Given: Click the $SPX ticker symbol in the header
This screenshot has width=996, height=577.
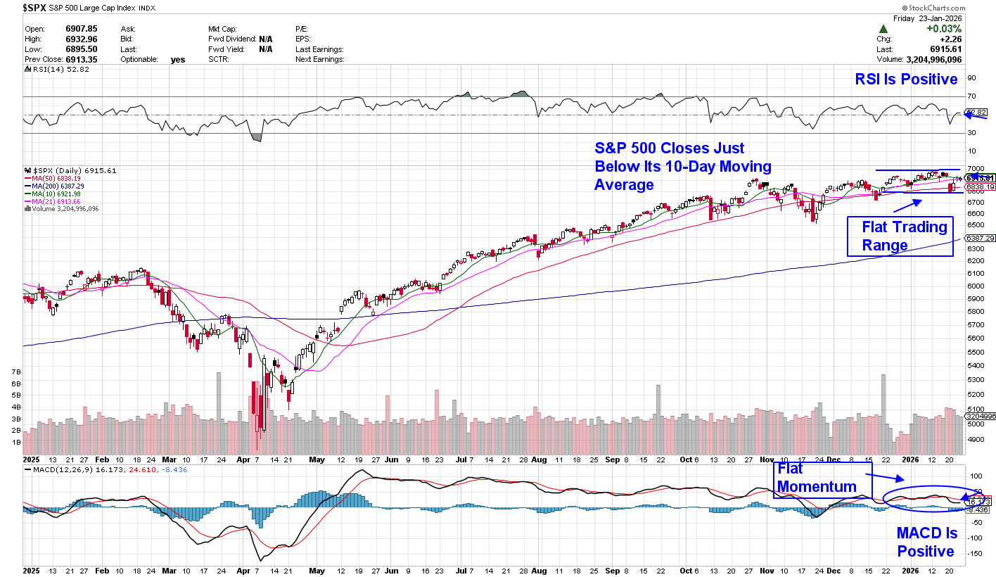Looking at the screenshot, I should (x=36, y=8).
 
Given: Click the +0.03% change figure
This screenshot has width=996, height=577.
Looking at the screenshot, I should (x=943, y=29).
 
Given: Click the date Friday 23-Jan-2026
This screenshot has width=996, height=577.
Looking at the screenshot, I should (x=926, y=18).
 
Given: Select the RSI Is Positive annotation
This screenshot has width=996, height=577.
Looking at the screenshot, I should (x=906, y=80).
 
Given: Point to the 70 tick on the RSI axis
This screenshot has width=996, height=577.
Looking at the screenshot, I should (x=971, y=96).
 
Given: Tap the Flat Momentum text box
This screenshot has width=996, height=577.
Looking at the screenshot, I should (x=822, y=479).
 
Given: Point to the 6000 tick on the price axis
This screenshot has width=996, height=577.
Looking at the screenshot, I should (x=976, y=286).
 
